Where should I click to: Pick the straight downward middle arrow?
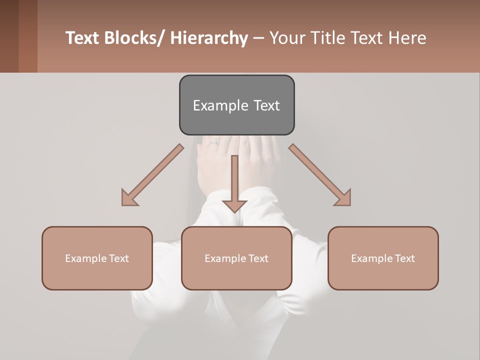pyautogui.click(x=234, y=185)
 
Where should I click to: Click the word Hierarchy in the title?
pyautogui.click(x=209, y=38)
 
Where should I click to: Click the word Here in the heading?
pyautogui.click(x=407, y=38)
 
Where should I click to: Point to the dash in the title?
pyautogui.click(x=258, y=38)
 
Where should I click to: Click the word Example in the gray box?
pyautogui.click(x=220, y=105)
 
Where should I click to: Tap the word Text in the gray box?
pyautogui.click(x=266, y=105)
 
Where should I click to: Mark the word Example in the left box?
pyautogui.click(x=86, y=258)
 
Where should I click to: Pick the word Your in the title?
pyautogui.click(x=286, y=38)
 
